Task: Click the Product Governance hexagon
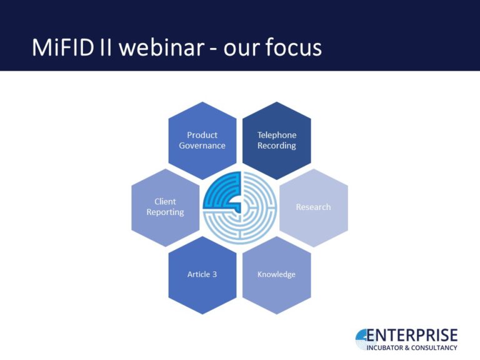202,140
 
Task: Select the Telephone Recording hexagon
277,140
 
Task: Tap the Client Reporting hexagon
165,207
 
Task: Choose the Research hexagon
313,207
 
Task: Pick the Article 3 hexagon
202,274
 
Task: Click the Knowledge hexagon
276,274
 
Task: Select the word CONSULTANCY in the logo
437,347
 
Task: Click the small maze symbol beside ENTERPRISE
364,339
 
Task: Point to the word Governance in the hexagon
202,146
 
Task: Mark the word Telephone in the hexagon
277,135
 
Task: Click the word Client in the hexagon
165,201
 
